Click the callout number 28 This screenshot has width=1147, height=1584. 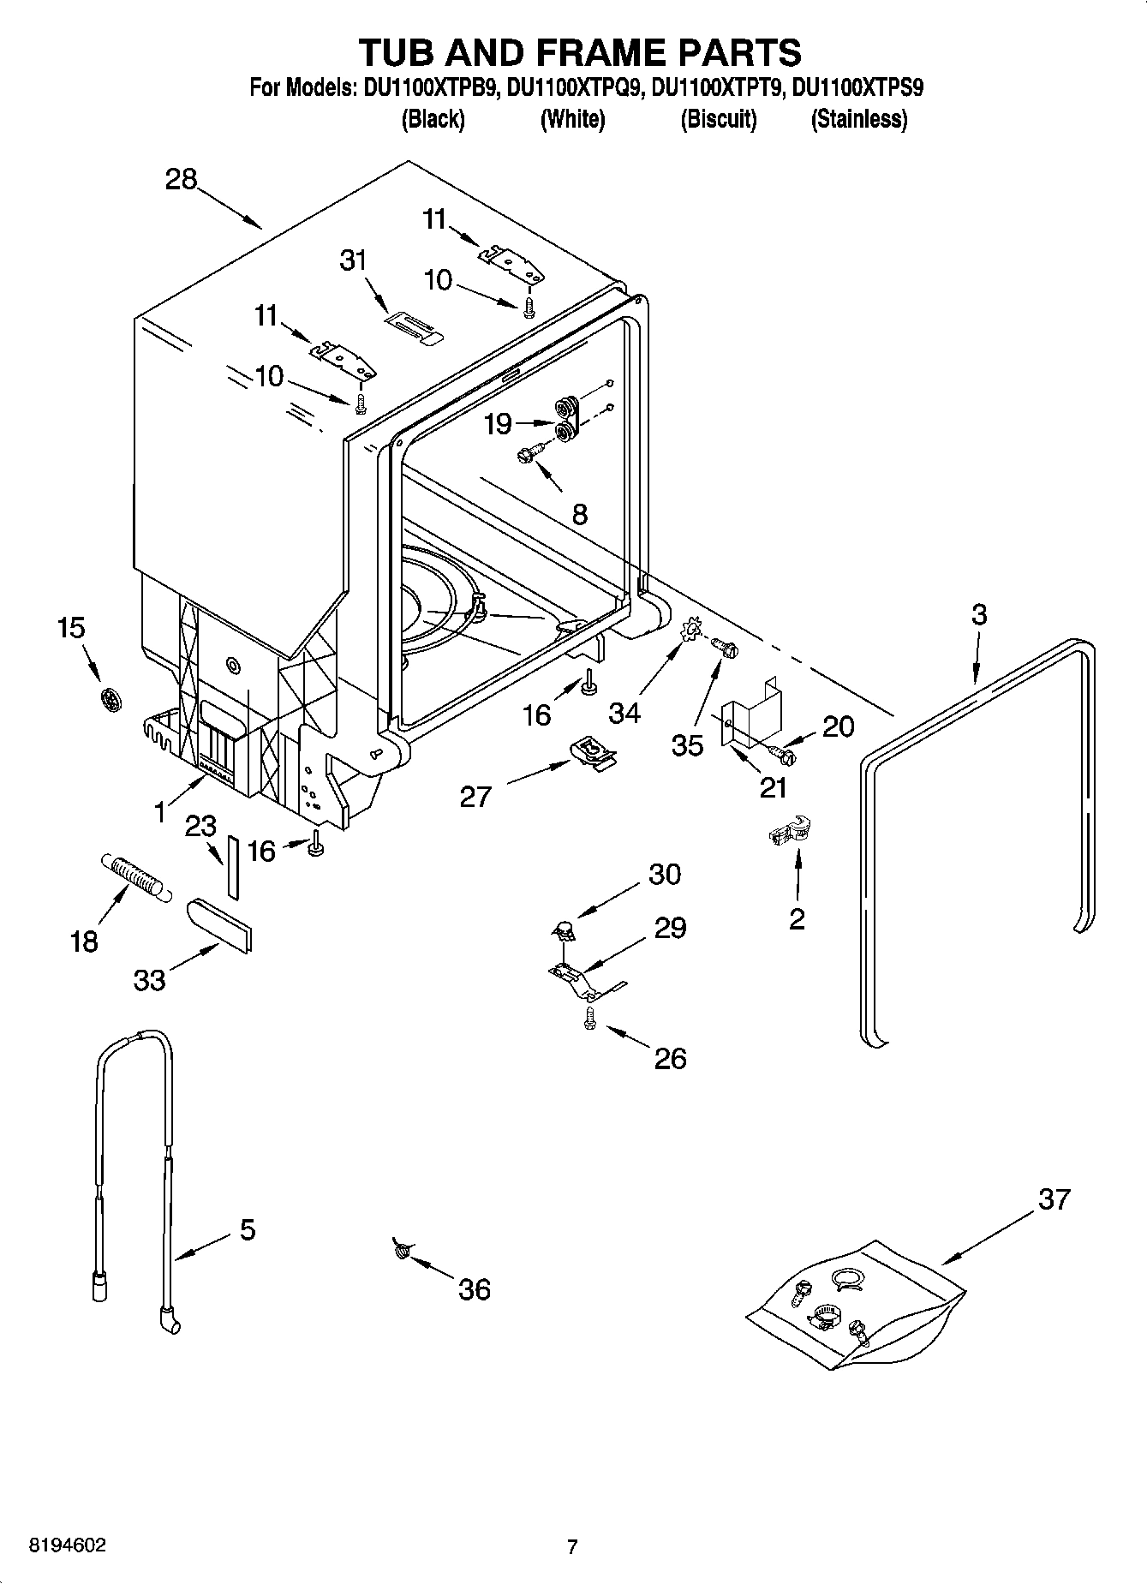(182, 180)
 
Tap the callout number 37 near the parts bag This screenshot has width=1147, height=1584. (1054, 1199)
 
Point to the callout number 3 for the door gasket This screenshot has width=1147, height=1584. (979, 614)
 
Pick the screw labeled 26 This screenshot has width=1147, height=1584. (589, 1019)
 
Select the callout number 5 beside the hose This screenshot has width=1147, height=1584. (247, 1231)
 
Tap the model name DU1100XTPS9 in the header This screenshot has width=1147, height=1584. (857, 88)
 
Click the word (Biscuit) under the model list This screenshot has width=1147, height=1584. (718, 120)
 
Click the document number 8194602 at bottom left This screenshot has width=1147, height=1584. (68, 1545)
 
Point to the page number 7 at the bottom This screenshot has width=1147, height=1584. (572, 1546)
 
